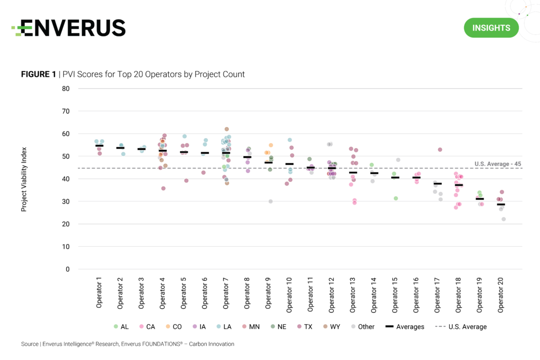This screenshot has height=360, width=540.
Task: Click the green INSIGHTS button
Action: point(491,27)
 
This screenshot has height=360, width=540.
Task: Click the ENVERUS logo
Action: point(69,27)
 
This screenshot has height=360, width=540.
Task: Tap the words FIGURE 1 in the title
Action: point(38,74)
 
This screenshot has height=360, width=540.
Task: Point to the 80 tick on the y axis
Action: point(66,89)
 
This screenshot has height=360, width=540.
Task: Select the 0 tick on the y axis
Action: point(67,269)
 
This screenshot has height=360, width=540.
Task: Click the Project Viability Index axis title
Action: point(23,180)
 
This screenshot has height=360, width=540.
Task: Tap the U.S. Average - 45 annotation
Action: point(498,163)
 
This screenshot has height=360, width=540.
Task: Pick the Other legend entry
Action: point(362,327)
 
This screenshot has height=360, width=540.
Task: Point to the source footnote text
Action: point(128,344)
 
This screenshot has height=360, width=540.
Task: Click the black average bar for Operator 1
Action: point(99,145)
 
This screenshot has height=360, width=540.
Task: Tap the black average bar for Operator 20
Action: point(500,205)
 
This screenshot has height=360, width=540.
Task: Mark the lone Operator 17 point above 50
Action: point(440,150)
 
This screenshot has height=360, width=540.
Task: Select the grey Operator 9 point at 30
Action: point(271,201)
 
